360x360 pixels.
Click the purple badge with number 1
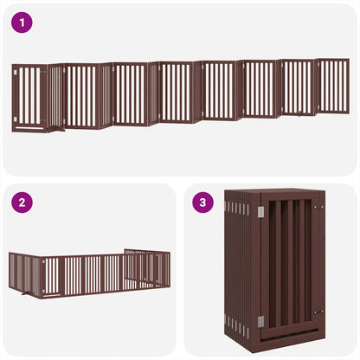(x=23, y=23)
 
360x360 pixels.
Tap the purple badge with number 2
(x=23, y=203)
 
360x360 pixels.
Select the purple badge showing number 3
(x=203, y=203)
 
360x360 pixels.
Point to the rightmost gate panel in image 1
(x=333, y=86)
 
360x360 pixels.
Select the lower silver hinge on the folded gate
(x=261, y=321)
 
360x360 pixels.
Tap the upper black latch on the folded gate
(x=318, y=208)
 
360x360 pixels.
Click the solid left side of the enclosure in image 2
(x=24, y=273)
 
